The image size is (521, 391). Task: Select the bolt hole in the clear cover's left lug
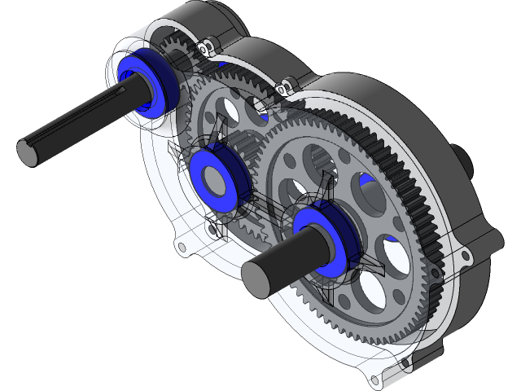(x=177, y=243)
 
